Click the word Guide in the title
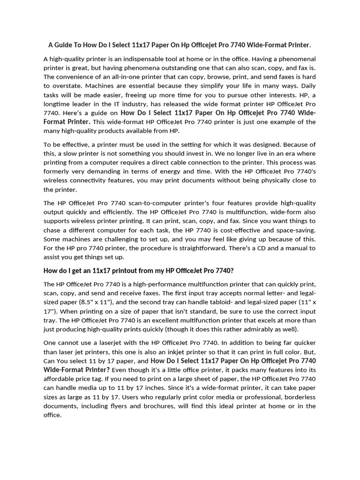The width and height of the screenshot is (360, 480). click(x=67, y=45)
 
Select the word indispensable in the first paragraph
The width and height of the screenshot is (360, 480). click(x=150, y=59)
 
